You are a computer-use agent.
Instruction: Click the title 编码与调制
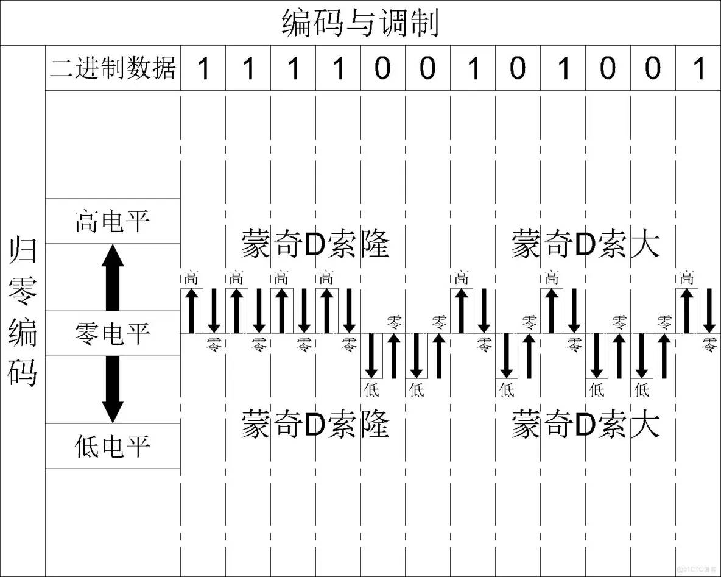360,23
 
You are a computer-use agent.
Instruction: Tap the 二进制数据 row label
113,68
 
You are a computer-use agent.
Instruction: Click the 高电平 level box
113,221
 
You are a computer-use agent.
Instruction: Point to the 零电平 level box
113,333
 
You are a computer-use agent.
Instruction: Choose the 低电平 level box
113,446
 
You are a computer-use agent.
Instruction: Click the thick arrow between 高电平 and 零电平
113,277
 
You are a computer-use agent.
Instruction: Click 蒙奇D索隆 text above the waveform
315,243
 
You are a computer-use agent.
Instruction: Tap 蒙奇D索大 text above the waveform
585,243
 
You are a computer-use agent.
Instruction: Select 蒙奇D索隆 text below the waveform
315,424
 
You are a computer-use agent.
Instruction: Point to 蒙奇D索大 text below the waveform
585,424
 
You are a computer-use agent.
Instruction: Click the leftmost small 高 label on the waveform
191,280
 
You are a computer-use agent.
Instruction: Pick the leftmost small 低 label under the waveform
371,388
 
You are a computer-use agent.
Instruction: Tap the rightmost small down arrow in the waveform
709,311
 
